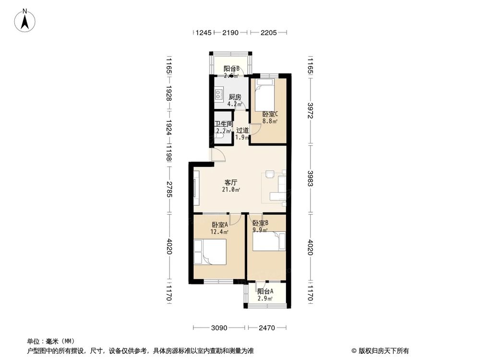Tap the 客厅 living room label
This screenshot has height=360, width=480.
pyautogui.click(x=231, y=182)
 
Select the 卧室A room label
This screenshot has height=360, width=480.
pyautogui.click(x=219, y=225)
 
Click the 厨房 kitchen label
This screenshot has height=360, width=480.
pyautogui.click(x=235, y=96)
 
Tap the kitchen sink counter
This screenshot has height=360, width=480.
pyautogui.click(x=219, y=93)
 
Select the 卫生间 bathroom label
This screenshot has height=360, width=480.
pyautogui.click(x=224, y=124)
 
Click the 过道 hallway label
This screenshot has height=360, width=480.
pyautogui.click(x=242, y=130)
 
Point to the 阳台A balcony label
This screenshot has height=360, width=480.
pyautogui.click(x=265, y=291)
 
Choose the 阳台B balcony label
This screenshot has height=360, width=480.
pyautogui.click(x=231, y=69)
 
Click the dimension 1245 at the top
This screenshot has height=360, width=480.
pyautogui.click(x=204, y=33)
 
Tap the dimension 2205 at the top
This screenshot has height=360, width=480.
pyautogui.click(x=268, y=33)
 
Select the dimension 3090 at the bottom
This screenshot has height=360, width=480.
pyautogui.click(x=219, y=328)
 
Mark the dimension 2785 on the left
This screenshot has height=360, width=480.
pyautogui.click(x=169, y=190)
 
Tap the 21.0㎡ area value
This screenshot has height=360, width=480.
pyautogui.click(x=231, y=190)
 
